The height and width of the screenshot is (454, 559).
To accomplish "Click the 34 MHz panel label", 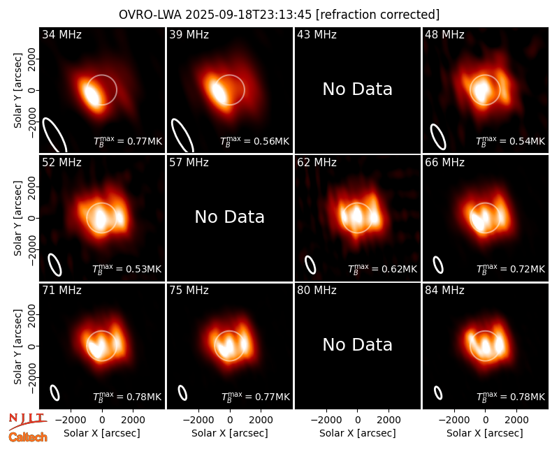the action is pos(61,34).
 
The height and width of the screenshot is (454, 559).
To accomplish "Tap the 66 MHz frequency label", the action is pos(444,163).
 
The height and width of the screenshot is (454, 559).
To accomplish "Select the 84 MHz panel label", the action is pos(444,291).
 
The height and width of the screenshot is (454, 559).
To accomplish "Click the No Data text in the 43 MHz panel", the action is pos(357,89).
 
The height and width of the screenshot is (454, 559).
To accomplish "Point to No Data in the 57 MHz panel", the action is pos(230,217).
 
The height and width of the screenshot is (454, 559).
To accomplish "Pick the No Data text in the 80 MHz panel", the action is pos(357,344).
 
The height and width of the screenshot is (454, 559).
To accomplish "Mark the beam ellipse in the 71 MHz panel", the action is pos(55,393).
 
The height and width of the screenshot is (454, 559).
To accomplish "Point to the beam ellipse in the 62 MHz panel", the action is pos(310,265).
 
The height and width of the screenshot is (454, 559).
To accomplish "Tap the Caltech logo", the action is pos(28,437).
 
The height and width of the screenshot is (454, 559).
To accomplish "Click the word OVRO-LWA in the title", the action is pos(150,15).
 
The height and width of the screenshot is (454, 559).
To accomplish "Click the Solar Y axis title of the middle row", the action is pos(17,218).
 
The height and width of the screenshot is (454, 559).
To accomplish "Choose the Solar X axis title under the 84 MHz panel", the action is pos(485,433).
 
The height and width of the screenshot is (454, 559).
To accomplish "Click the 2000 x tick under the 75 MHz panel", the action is pos(261,420).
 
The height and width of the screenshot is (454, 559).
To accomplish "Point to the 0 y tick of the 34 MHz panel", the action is pos(32,90).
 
